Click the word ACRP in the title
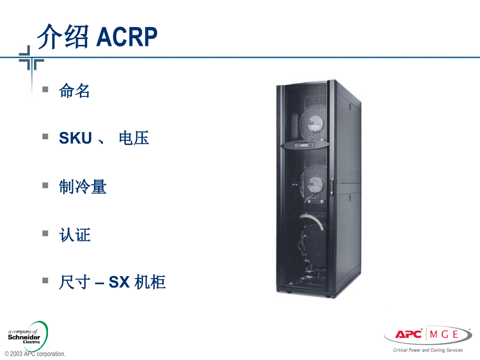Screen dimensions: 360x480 (x=127, y=37)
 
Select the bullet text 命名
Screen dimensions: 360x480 (x=75, y=91)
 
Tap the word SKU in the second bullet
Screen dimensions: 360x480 (x=76, y=138)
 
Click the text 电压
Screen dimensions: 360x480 (x=134, y=138)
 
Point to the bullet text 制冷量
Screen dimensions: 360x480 (x=83, y=187)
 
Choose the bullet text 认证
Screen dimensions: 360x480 (x=75, y=235)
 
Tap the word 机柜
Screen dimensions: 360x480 (x=150, y=282)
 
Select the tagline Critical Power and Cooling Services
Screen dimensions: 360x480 (x=424, y=350)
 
